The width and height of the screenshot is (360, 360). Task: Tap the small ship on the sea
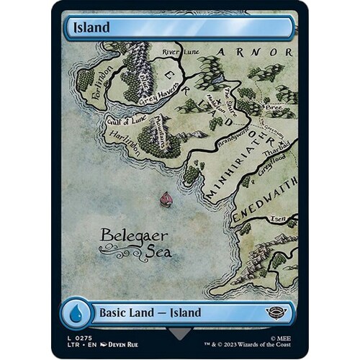coord(166,198)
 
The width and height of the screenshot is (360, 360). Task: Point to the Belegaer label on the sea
coord(126,234)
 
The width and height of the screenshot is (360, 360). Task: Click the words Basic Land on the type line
coord(126,313)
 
